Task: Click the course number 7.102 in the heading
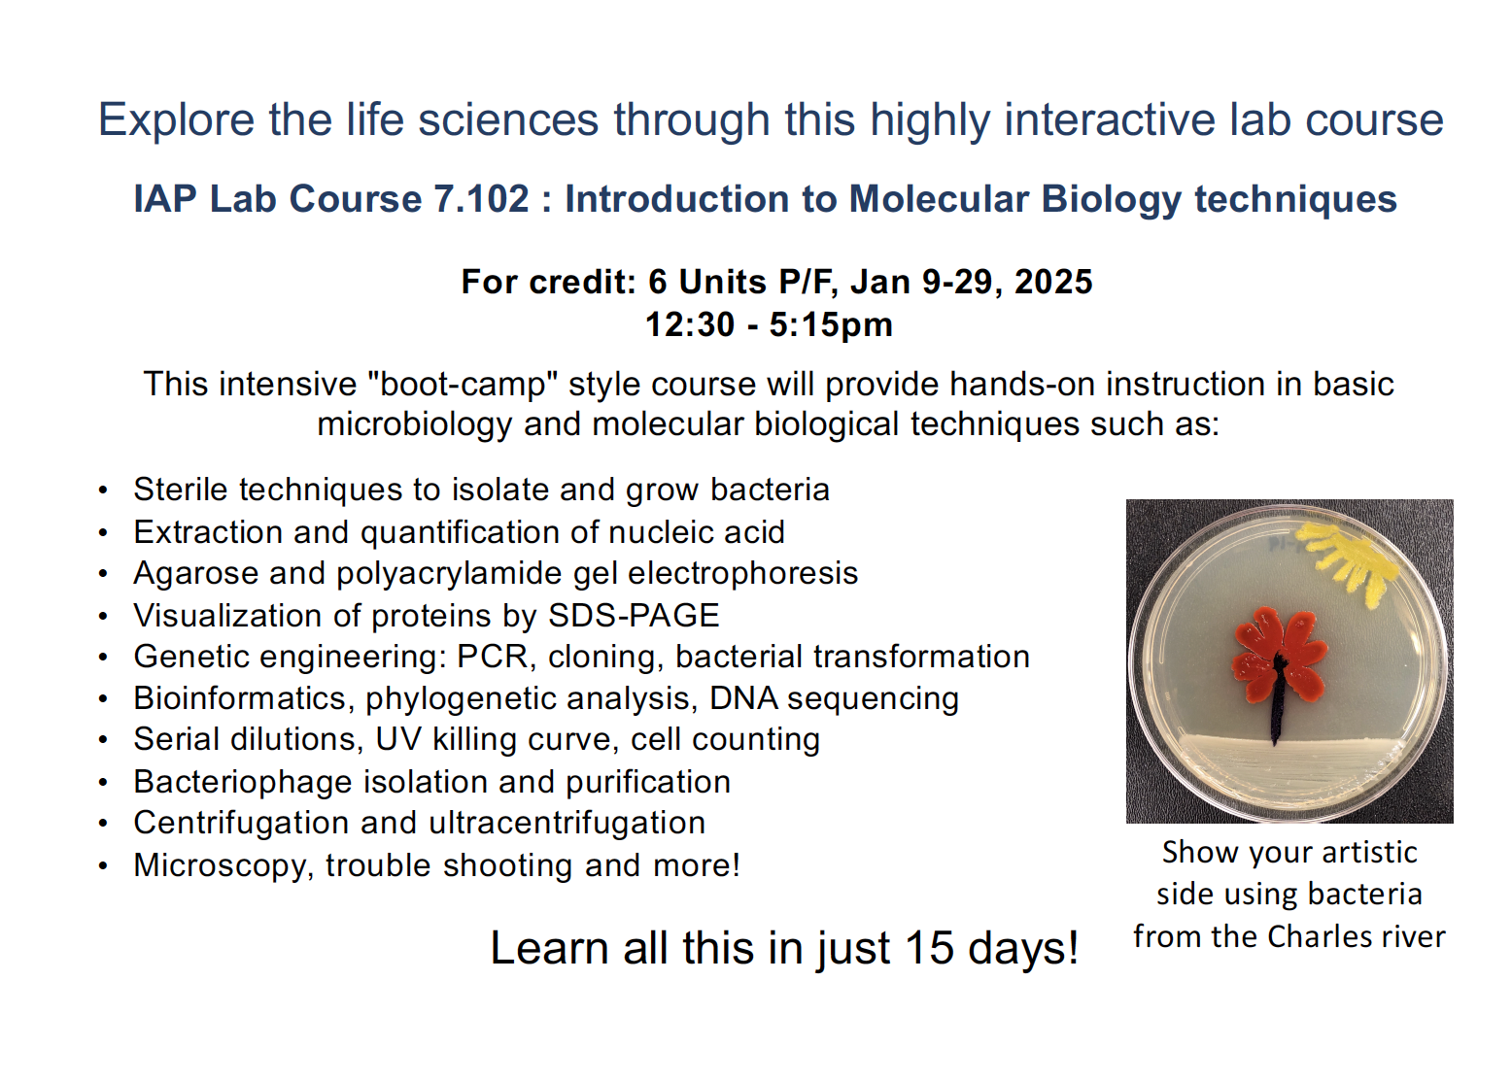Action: pos(481,199)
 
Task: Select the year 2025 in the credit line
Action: pos(1053,282)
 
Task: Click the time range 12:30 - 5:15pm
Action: pos(769,324)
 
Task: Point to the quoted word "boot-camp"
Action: pos(463,385)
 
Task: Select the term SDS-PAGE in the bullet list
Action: pos(634,616)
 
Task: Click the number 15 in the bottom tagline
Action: pos(929,948)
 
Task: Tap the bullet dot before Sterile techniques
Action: pos(103,490)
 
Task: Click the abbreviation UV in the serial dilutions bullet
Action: pos(398,740)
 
